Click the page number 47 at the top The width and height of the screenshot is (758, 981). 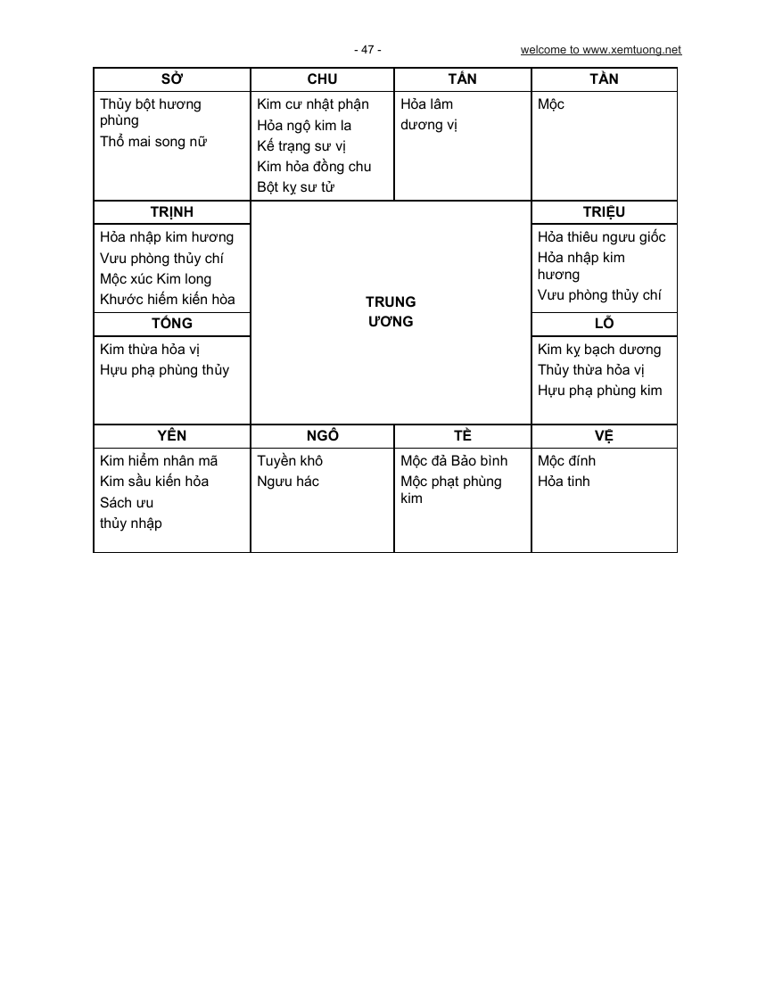[x=367, y=50]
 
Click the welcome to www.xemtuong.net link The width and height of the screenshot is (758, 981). [x=600, y=50]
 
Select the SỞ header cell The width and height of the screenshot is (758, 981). [x=171, y=79]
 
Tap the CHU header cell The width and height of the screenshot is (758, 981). [x=322, y=79]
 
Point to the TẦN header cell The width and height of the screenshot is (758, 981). [x=462, y=79]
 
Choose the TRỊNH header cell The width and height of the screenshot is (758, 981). [x=171, y=212]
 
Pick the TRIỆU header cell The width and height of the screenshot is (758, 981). [x=604, y=212]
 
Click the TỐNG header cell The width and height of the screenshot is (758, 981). [x=171, y=324]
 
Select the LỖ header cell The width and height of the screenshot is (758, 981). [x=604, y=324]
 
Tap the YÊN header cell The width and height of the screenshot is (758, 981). [x=171, y=436]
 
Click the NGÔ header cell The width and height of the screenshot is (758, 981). [x=322, y=436]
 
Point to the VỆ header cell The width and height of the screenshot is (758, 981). [x=604, y=436]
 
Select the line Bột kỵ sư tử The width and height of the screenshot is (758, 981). [x=295, y=187]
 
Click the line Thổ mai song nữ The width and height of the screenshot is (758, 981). [x=153, y=142]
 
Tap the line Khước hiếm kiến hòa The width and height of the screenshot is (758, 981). [x=168, y=300]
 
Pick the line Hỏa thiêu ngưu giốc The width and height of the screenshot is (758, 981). [x=601, y=237]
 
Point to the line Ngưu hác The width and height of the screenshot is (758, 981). [x=288, y=482]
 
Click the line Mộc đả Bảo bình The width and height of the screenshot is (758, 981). [x=454, y=461]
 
